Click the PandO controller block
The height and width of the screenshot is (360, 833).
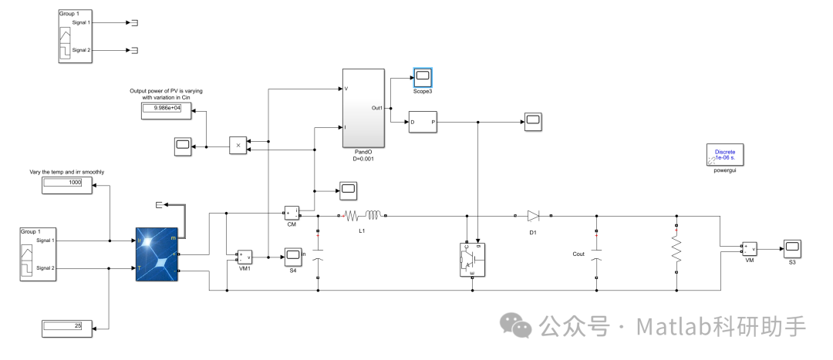(363, 108)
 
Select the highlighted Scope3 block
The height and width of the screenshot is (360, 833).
(423, 77)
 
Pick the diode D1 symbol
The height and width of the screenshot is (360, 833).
(533, 216)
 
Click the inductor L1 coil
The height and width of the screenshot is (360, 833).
(375, 216)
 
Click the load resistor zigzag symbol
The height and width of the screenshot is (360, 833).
(676, 249)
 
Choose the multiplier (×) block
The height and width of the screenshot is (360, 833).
(238, 145)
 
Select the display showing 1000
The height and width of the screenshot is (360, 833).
(66, 183)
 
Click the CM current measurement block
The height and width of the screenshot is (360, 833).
(292, 212)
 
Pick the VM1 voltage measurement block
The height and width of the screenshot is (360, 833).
(245, 257)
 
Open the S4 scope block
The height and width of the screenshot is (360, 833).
(293, 254)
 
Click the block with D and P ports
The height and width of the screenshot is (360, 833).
(423, 122)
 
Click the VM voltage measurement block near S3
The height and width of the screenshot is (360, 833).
(748, 248)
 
